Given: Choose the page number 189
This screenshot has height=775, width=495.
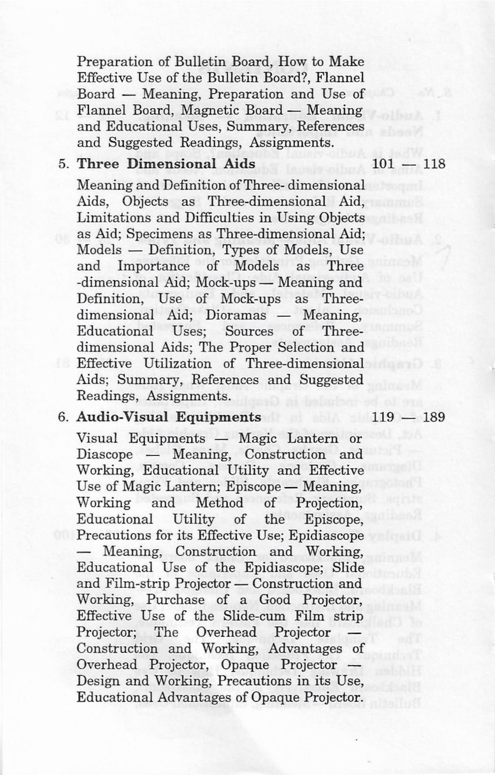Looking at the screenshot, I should click(434, 418).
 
